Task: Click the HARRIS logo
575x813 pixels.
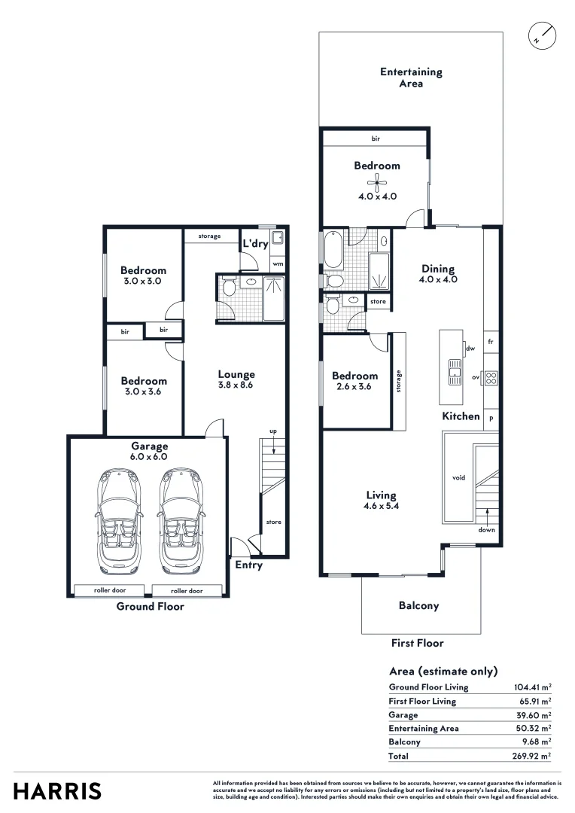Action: (57, 791)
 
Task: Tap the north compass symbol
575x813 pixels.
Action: (541, 35)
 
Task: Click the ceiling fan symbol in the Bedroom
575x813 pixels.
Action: (376, 182)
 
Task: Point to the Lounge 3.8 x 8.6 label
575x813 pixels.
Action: (236, 379)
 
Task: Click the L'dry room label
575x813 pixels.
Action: (255, 244)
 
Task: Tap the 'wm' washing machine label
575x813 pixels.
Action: (278, 264)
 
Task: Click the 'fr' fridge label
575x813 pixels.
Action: (491, 341)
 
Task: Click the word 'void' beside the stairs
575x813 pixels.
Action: (458, 477)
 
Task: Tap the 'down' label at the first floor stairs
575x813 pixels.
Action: (486, 530)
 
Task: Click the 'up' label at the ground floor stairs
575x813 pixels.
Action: (273, 431)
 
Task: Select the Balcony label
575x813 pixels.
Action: (418, 605)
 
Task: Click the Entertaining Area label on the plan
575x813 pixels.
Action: (411, 78)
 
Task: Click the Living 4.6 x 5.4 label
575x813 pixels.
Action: (381, 501)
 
